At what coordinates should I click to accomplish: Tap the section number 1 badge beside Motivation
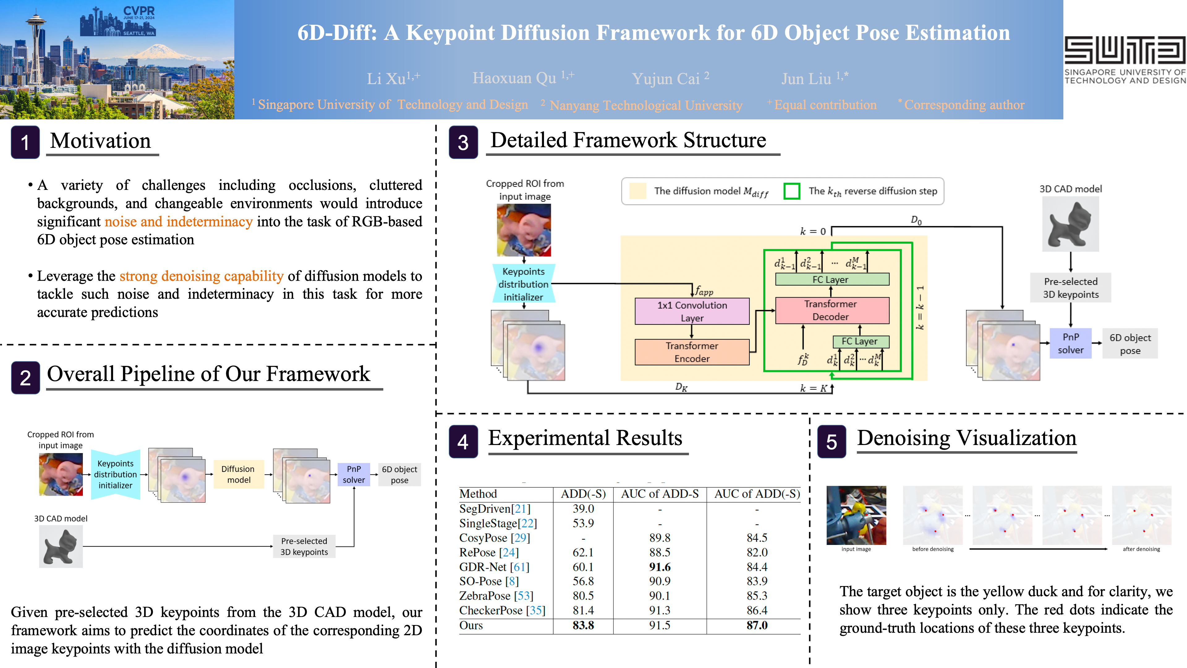[25, 142]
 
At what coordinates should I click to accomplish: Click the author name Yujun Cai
[670, 78]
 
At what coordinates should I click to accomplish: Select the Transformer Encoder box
[692, 352]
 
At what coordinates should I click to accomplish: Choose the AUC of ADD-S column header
[660, 494]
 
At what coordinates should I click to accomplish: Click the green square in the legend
[792, 191]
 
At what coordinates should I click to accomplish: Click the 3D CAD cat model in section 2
[61, 546]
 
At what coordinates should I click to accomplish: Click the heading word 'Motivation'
[100, 141]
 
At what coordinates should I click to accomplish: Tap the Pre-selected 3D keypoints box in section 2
[304, 546]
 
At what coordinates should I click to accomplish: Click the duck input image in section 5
[856, 515]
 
